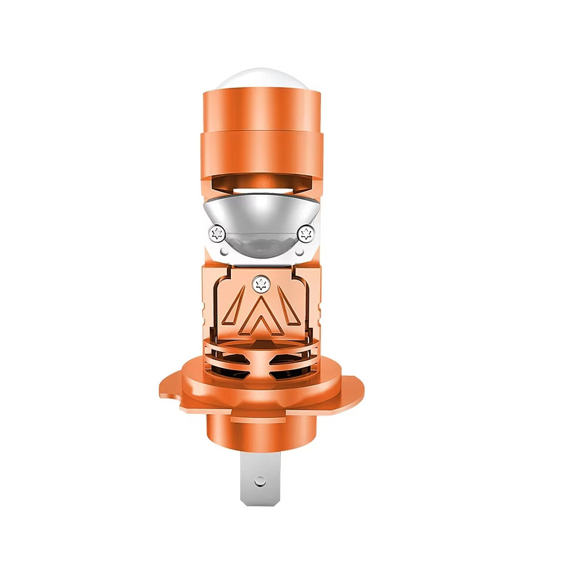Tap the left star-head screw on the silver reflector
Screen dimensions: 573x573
click(x=217, y=233)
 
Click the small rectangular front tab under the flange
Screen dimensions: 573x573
click(x=261, y=418)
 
